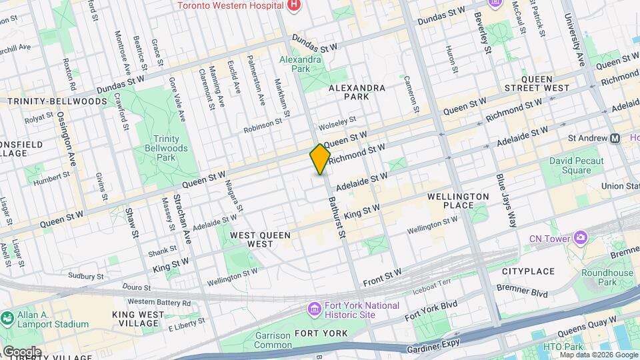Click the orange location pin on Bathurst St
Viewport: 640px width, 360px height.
click(321, 159)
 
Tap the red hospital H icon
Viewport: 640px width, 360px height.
click(293, 5)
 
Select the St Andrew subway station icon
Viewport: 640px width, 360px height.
click(615, 138)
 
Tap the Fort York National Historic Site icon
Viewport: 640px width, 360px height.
click(314, 309)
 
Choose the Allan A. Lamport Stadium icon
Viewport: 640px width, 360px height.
click(7, 319)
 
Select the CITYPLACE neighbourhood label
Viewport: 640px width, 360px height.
click(528, 271)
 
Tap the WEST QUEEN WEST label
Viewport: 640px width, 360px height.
click(251, 240)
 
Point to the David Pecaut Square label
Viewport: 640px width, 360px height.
click(577, 165)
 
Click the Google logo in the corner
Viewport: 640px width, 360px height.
click(21, 352)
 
